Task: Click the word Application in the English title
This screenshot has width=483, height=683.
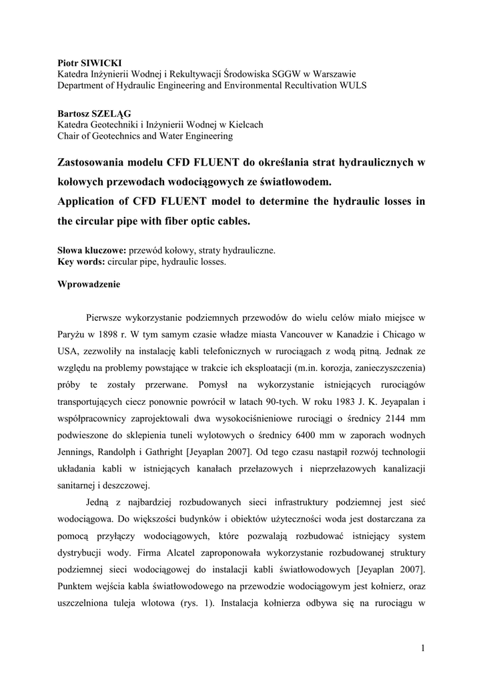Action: pos(92,201)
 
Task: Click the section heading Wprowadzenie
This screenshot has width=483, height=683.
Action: pos(89,285)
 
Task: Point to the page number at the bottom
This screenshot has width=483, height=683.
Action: pos(423,648)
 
